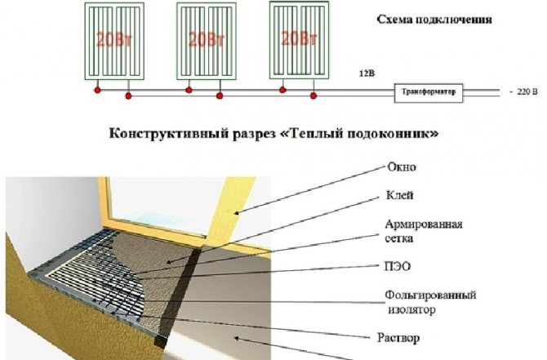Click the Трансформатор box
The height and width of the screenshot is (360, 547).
pos(429,93)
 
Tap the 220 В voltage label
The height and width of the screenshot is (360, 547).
pos(527,91)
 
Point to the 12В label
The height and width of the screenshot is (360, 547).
pos(367,73)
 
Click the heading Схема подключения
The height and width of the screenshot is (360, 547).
pos(434,20)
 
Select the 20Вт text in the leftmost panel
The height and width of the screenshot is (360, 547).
pos(114,39)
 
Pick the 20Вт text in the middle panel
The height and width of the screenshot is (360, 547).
pos(207,39)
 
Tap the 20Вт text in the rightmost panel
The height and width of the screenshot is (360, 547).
pos(299,38)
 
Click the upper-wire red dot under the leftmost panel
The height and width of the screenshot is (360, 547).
pos(97,90)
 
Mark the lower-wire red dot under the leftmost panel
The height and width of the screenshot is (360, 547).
pos(128,96)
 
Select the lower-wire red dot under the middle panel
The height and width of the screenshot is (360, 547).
pos(220,96)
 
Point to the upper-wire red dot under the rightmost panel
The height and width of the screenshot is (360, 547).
pos(282,90)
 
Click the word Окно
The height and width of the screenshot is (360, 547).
pos(402,167)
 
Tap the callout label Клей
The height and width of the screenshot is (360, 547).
pos(400,195)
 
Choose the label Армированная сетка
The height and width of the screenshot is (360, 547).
pos(424,231)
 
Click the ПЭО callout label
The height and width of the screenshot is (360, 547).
pos(398,266)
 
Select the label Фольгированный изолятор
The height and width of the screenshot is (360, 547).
pos(430,302)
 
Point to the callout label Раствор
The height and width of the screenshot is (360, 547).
pos(398,338)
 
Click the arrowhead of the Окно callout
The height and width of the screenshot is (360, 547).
pos(236,213)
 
